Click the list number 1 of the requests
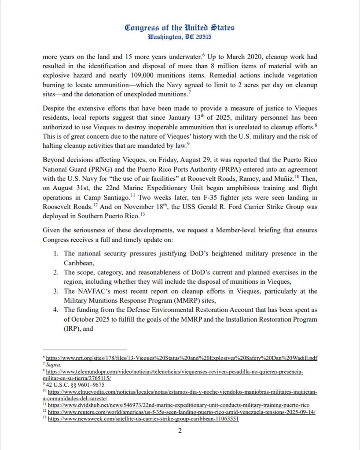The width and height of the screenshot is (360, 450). (x=55, y=254)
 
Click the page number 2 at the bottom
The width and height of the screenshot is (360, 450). (x=180, y=431)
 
